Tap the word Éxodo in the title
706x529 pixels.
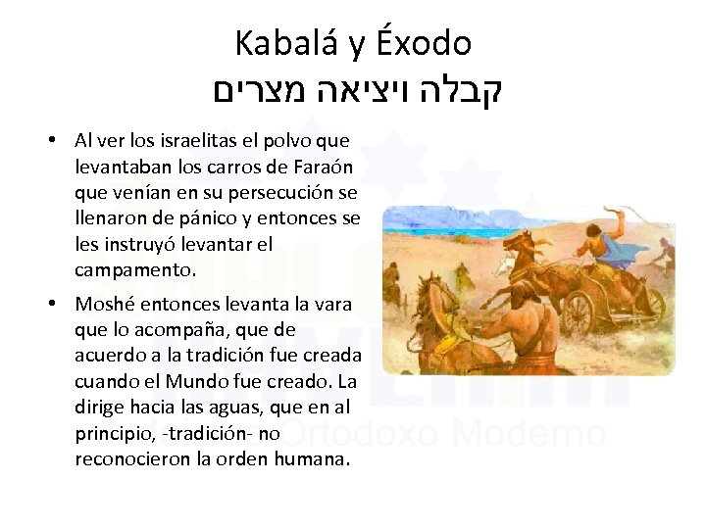click(x=424, y=43)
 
